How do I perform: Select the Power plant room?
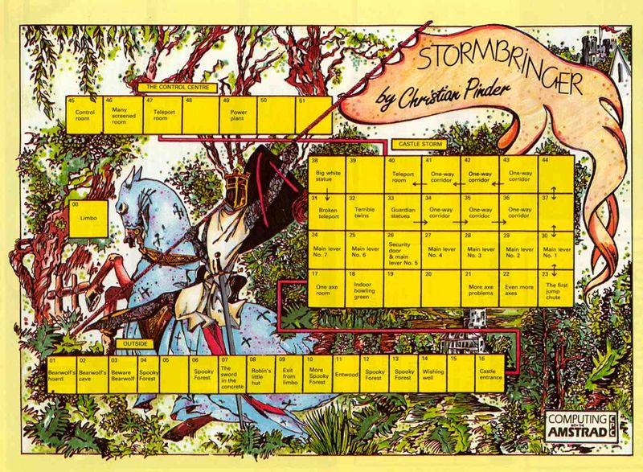240,114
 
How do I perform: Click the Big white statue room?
327,174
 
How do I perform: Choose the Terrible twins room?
365,211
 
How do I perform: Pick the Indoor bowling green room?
365,288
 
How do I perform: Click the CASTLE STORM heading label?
420,144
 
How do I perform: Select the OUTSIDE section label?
133,344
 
